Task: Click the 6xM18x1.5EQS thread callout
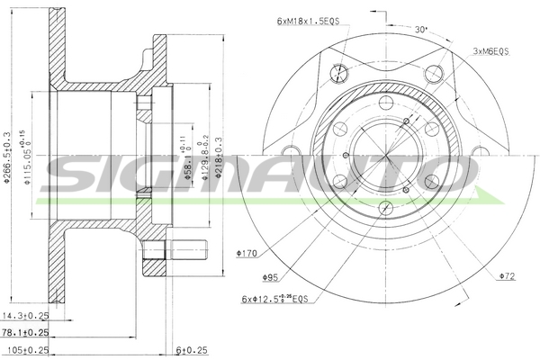click(308, 19)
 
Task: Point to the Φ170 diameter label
click(247, 255)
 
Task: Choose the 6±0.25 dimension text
click(192, 349)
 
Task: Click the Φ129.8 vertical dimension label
click(204, 158)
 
